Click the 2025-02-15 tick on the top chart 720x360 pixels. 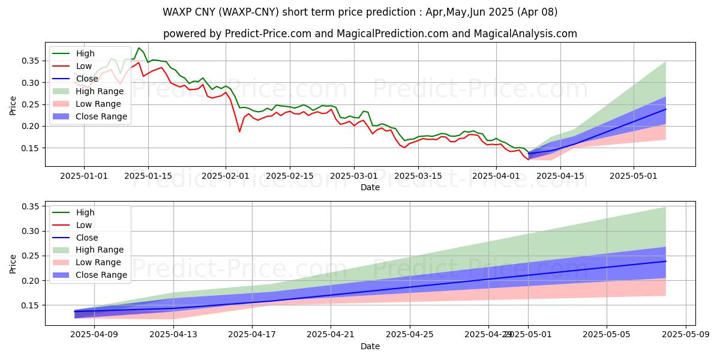click(x=290, y=175)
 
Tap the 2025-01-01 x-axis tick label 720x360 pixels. click(x=84, y=175)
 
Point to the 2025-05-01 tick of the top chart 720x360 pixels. click(x=634, y=175)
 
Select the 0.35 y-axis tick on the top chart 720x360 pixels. click(x=30, y=61)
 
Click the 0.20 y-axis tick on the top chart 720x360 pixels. click(x=30, y=126)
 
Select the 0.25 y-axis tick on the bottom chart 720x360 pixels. click(x=30, y=256)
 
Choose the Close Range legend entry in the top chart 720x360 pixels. click(x=101, y=116)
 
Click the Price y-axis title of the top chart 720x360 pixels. click(x=13, y=105)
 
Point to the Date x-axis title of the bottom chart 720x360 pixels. click(x=370, y=346)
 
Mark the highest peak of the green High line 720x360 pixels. click(x=139, y=48)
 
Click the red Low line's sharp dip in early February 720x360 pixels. click(x=239, y=131)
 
